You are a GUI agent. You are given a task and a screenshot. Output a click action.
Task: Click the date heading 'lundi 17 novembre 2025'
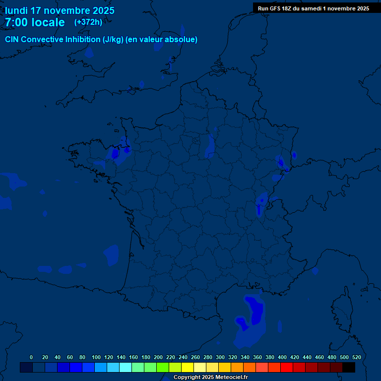(60, 10)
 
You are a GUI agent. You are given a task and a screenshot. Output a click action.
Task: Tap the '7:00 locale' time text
(35, 22)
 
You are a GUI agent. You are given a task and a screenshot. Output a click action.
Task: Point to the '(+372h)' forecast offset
(88, 22)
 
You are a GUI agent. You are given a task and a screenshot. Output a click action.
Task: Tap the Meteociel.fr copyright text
(210, 377)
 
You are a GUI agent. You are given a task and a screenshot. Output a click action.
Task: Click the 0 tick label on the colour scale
(31, 357)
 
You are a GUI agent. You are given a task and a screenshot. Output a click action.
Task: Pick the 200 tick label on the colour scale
(158, 357)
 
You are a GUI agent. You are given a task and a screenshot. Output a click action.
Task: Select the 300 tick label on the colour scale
(220, 357)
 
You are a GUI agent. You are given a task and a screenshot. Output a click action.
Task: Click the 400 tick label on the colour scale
(282, 357)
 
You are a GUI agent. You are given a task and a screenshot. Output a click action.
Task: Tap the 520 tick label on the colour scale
(356, 357)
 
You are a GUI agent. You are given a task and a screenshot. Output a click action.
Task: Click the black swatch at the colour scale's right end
(349, 368)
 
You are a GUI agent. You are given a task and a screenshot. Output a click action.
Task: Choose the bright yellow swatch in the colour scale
(188, 368)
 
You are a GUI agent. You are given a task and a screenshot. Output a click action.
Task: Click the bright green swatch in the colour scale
(163, 368)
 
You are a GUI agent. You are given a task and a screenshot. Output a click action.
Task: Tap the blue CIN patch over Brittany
(118, 154)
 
